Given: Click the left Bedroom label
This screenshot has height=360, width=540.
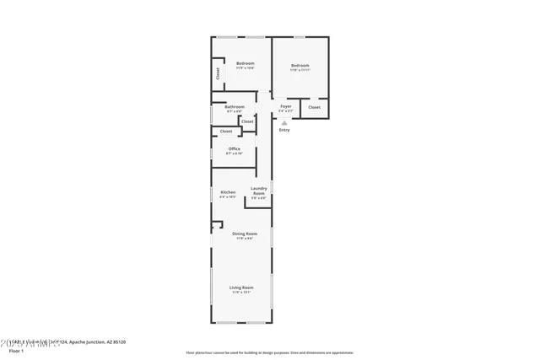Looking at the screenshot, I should (245, 63).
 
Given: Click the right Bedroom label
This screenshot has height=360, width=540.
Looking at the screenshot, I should (300, 66).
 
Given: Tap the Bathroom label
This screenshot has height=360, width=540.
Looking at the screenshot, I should (235, 107).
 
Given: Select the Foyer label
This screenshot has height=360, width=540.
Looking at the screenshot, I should (286, 106).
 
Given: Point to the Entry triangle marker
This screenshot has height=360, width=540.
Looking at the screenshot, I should (284, 123).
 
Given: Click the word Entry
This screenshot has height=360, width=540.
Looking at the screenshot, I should (284, 130).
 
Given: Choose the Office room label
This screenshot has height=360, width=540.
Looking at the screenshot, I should (234, 149).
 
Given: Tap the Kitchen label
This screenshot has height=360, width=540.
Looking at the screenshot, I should (228, 192).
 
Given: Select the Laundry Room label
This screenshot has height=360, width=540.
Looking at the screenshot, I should (259, 191).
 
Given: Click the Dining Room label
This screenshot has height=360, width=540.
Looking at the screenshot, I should (245, 234).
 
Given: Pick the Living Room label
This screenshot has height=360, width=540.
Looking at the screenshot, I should (241, 287).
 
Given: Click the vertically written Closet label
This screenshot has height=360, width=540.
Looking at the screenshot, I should (218, 73).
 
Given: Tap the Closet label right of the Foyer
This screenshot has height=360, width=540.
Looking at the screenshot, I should (314, 107).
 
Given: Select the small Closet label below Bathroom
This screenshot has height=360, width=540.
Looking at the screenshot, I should (247, 121).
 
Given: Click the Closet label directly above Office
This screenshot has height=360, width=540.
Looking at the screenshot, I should (226, 132).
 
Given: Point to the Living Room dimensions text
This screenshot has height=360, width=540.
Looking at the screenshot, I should (241, 293).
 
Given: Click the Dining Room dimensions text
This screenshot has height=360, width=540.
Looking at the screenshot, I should (245, 239).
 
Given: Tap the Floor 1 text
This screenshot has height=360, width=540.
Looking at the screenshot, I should (16, 350).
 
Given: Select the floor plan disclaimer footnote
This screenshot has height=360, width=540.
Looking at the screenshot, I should (269, 352).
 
